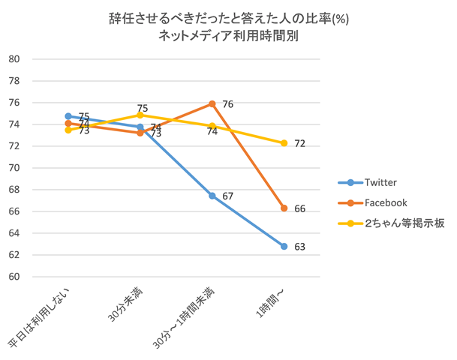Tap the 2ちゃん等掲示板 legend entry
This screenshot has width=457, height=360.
394,223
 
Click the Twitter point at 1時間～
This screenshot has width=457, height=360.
284,246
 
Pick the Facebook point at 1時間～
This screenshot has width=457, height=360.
284,208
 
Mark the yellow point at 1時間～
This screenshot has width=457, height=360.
284,143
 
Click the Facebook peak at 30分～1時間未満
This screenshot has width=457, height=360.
212,103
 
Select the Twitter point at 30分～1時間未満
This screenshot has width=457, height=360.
212,196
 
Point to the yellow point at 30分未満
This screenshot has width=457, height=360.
140,115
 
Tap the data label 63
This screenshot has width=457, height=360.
299,247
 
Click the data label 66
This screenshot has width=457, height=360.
299,208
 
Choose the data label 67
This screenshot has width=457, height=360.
227,196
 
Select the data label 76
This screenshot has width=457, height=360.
227,104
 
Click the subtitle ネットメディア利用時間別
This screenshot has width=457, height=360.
228,35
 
